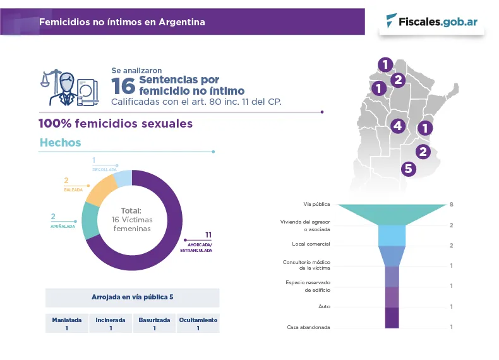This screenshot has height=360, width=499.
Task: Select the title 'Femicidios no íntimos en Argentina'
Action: [x=122, y=22]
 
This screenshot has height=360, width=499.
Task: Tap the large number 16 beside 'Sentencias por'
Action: [x=124, y=85]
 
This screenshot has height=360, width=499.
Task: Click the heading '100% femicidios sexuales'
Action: [x=116, y=124]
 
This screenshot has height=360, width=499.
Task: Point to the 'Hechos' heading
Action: [x=61, y=143]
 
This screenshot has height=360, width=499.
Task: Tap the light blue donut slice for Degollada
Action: [x=123, y=177]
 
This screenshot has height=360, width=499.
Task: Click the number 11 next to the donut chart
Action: [x=208, y=235]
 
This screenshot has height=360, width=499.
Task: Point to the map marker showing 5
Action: [x=408, y=169]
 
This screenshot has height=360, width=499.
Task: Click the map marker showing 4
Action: [x=397, y=126]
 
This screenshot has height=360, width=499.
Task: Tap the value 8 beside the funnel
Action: [x=452, y=205]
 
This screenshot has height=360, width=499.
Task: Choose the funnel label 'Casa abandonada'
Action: [x=309, y=327]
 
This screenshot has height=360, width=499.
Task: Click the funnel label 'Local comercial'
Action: [x=311, y=244]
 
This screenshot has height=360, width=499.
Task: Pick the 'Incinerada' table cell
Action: [x=111, y=323]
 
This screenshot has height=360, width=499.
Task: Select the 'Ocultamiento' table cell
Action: [x=198, y=323]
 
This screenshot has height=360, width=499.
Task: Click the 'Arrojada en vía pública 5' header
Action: [x=132, y=297]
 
